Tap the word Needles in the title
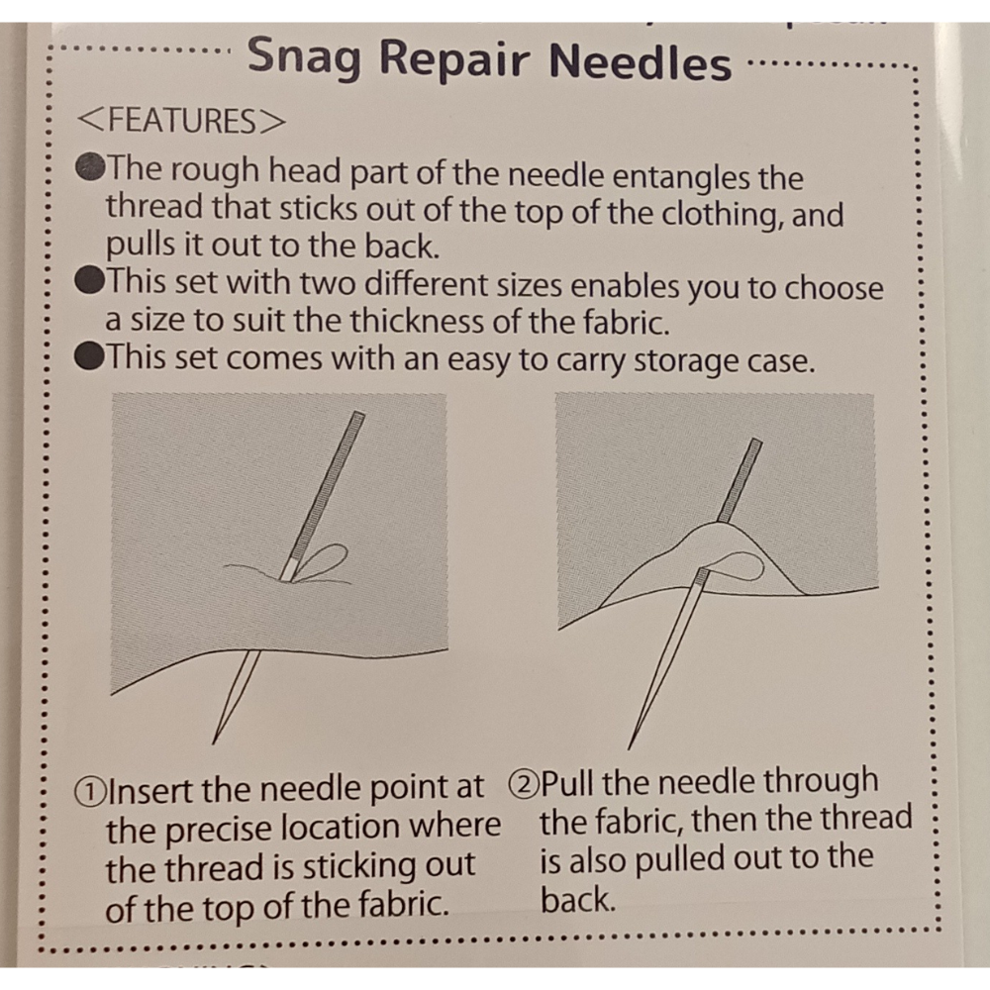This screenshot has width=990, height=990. point(641,61)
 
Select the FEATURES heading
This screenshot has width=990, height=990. point(181,121)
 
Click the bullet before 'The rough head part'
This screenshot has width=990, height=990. point(90,167)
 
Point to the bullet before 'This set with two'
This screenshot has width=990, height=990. point(89,280)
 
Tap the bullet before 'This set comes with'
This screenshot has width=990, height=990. point(89,356)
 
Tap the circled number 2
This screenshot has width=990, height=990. point(524,785)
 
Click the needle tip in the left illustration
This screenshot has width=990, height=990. point(214,743)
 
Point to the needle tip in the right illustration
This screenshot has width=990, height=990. point(629,748)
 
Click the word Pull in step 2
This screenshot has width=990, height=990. point(568,784)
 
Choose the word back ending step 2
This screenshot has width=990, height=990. point(578,900)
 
